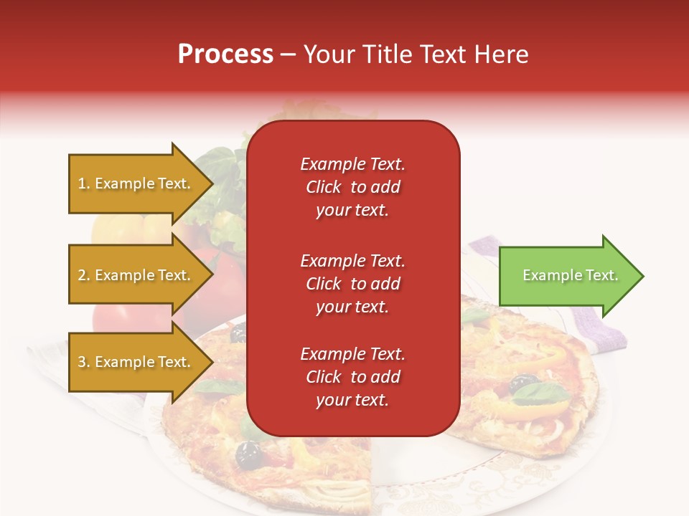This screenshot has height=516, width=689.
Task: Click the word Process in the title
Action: [x=225, y=54]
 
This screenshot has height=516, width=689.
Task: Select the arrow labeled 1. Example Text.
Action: [x=136, y=183]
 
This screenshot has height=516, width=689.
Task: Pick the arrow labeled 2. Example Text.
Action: [x=136, y=275]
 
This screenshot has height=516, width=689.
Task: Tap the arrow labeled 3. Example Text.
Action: [x=136, y=362]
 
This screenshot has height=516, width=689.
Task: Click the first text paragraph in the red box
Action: [x=352, y=187]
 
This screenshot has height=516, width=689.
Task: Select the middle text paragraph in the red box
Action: [x=352, y=284]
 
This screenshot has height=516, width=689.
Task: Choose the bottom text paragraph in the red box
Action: [x=352, y=377]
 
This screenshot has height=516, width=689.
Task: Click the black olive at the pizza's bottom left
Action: [x=248, y=452]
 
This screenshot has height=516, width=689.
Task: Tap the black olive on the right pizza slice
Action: [x=523, y=383]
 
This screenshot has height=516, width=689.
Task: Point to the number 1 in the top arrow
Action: [x=81, y=183]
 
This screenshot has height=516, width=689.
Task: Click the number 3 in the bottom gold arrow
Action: [x=82, y=362]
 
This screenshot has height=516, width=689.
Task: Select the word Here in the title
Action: [x=502, y=54]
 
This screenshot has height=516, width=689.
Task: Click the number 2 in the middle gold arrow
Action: [x=82, y=275]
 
